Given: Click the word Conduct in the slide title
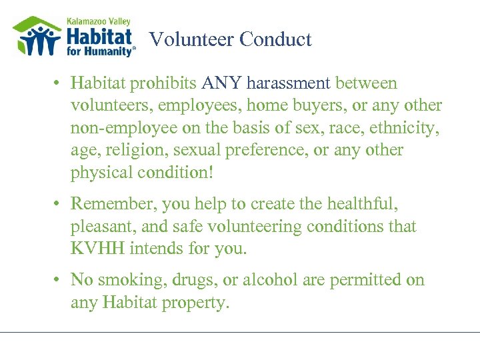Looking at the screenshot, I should pos(275,39).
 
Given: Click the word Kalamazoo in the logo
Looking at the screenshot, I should pos(87,21).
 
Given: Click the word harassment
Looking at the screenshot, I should pos(288,83).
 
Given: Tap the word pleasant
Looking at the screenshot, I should pos(103,225).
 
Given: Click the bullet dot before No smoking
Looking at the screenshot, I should pos(59,279).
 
